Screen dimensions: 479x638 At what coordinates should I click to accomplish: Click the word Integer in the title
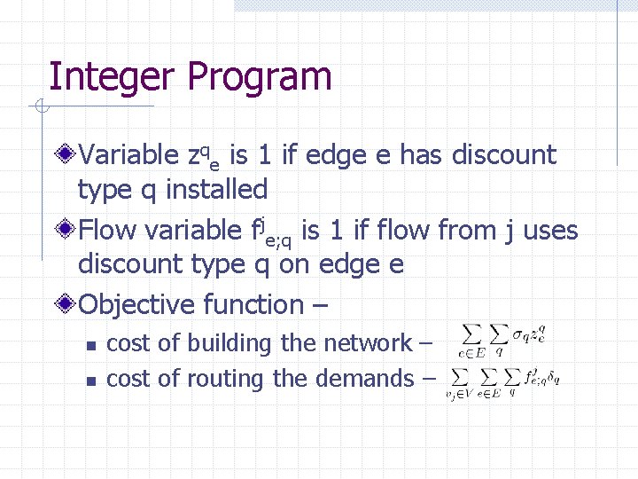(x=112, y=77)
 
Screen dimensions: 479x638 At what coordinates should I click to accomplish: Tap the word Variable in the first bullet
(x=129, y=155)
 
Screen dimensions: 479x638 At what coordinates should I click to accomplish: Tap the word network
(x=368, y=343)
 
